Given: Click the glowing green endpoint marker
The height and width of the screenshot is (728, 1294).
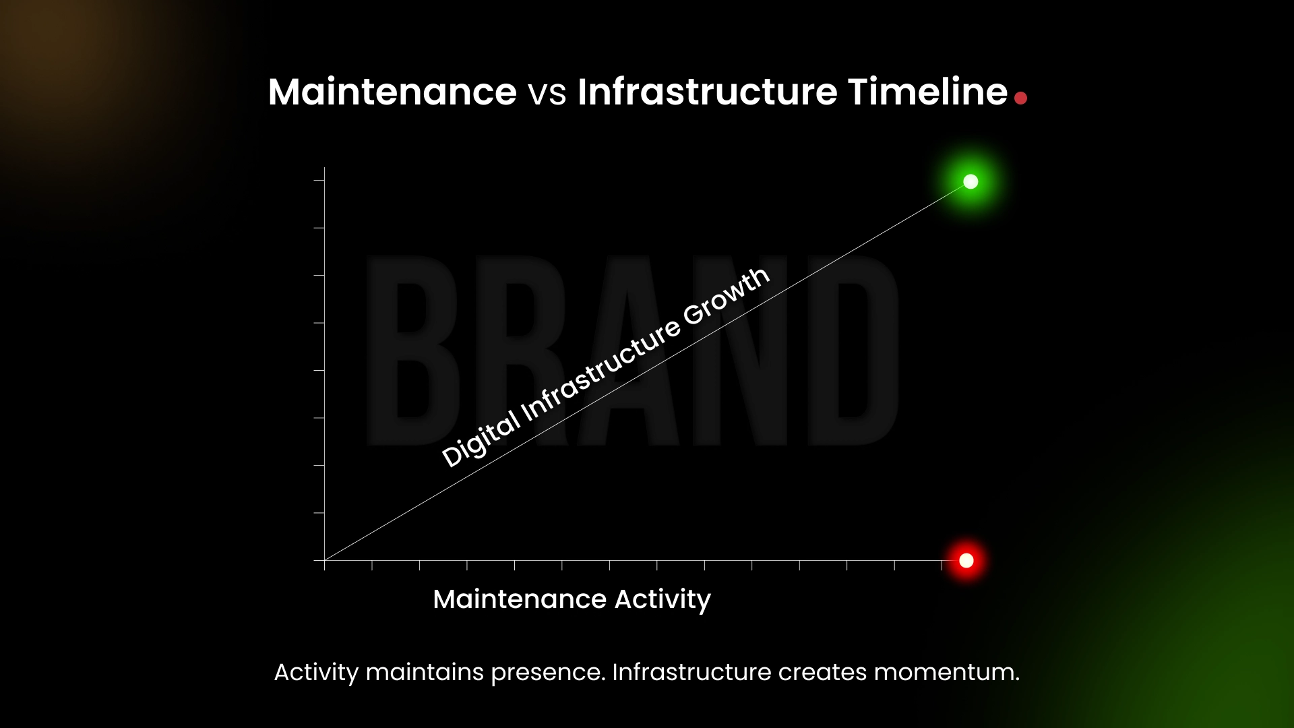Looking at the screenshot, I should point(970,181).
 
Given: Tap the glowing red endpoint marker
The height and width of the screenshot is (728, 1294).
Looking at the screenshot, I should point(966,561).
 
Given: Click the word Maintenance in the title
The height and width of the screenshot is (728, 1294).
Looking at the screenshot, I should point(392,92).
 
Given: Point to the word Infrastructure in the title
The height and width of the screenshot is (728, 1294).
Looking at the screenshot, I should point(707,92).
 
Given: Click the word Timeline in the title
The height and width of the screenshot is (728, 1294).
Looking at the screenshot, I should point(927,92).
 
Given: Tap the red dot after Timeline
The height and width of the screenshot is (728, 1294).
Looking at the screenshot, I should point(1020,98).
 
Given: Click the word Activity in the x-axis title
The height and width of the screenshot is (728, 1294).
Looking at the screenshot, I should point(662,599).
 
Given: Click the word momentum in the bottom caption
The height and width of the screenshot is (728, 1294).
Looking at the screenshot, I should point(946,672).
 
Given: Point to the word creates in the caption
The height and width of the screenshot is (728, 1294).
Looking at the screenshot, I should point(822,672).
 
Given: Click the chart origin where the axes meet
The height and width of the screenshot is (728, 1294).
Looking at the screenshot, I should point(324,560).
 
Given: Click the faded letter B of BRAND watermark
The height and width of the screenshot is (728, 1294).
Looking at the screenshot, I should point(412,351).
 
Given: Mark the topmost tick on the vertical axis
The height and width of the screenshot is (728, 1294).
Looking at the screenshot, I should point(319,180).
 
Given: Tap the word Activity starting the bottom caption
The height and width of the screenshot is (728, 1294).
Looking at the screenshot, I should point(316,673).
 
